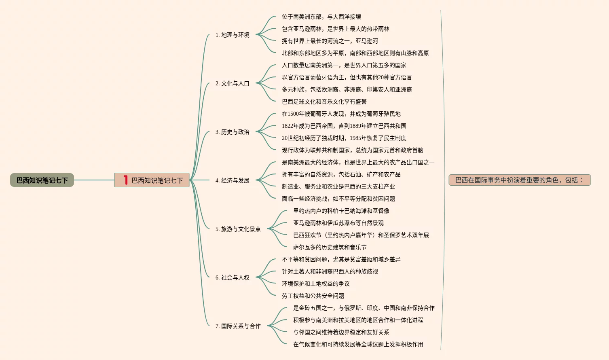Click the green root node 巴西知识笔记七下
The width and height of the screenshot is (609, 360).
click(42, 180)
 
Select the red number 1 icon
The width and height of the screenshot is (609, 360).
click(126, 180)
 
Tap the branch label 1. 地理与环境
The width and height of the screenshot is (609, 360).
click(233, 35)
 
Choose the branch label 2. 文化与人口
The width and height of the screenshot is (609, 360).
click(233, 83)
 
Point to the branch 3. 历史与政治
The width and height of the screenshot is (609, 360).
click(233, 132)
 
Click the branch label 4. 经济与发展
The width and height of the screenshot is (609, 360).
click(233, 180)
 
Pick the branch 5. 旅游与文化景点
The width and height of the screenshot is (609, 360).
click(238, 229)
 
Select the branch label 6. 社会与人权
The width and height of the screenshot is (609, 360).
click(233, 277)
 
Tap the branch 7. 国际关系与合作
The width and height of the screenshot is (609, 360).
click(238, 326)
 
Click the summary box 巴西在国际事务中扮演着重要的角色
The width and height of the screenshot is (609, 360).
click(520, 180)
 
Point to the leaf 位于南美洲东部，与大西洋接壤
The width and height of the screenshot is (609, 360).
click(321, 17)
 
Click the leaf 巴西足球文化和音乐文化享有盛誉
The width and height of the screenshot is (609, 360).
click(324, 102)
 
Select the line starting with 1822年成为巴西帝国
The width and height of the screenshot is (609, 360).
click(344, 126)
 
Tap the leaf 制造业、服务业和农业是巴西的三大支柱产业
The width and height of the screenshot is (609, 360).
click(338, 186)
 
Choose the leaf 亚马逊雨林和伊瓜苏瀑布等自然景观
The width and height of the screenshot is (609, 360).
click(338, 223)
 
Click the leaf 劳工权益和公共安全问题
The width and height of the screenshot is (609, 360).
click(313, 296)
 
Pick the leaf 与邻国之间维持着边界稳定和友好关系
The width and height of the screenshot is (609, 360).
click(341, 332)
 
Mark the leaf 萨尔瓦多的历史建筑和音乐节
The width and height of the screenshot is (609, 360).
click(330, 247)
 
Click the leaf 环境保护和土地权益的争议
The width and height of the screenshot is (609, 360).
click(316, 284)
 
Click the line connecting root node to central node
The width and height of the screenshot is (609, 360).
click(94, 180)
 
